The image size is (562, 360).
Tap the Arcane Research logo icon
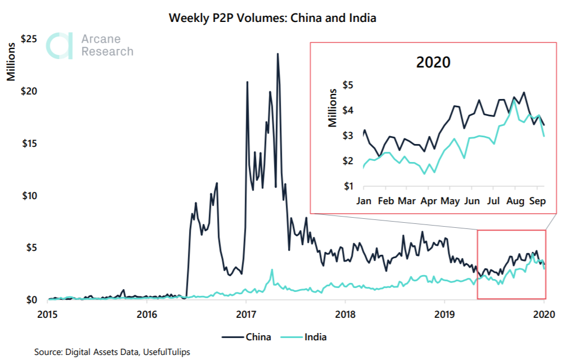59,46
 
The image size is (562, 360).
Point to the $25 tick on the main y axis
29,39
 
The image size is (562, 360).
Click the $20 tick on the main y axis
29,91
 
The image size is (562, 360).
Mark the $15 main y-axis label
29,143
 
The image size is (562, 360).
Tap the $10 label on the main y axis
29,196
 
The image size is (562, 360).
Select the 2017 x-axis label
246,312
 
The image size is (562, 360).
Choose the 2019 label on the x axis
444,312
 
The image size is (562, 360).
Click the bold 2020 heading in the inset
433,62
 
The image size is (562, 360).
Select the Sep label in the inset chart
537,200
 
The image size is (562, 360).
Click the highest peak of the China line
277,54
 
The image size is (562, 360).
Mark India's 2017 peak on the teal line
272,270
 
